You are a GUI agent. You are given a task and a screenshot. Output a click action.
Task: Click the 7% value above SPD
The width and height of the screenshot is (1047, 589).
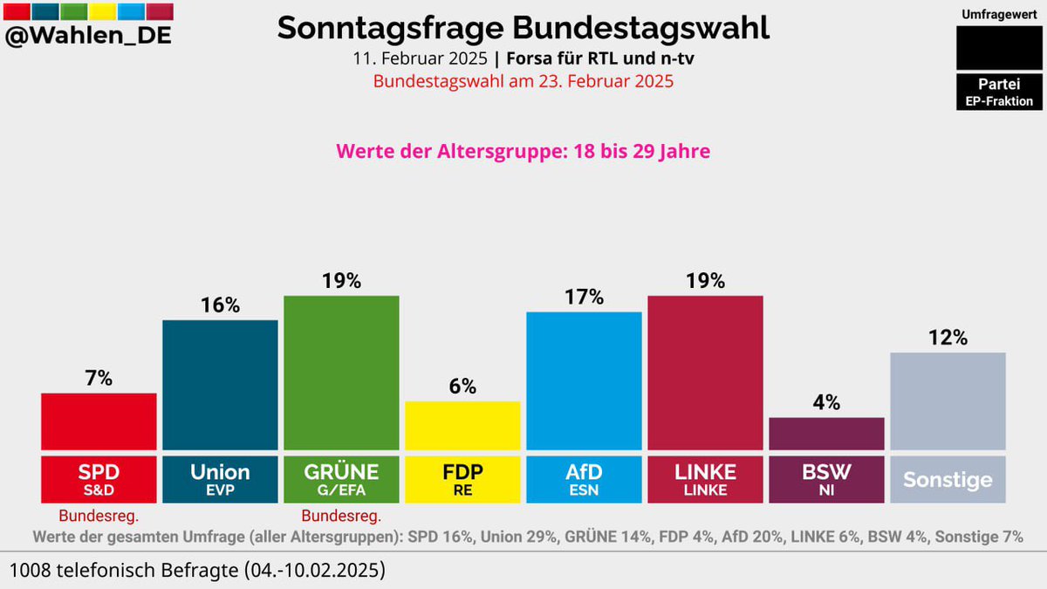pos(99,379)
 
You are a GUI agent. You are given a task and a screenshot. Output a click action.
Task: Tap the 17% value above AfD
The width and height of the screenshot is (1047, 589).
pos(584,298)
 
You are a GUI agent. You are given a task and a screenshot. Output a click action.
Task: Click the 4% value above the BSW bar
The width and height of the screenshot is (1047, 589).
pos(826,403)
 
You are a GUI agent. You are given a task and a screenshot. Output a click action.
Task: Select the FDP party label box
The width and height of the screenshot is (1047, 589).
pos(462,477)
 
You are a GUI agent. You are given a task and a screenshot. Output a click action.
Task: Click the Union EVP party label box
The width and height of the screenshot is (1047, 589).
pos(220,477)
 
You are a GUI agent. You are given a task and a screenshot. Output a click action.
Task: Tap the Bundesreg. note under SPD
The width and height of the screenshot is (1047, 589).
pos(99,515)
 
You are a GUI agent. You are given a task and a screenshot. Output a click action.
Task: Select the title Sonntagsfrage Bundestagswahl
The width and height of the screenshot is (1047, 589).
pos(523,28)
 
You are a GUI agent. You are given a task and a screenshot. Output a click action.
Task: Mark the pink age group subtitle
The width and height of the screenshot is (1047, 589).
pos(523,151)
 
